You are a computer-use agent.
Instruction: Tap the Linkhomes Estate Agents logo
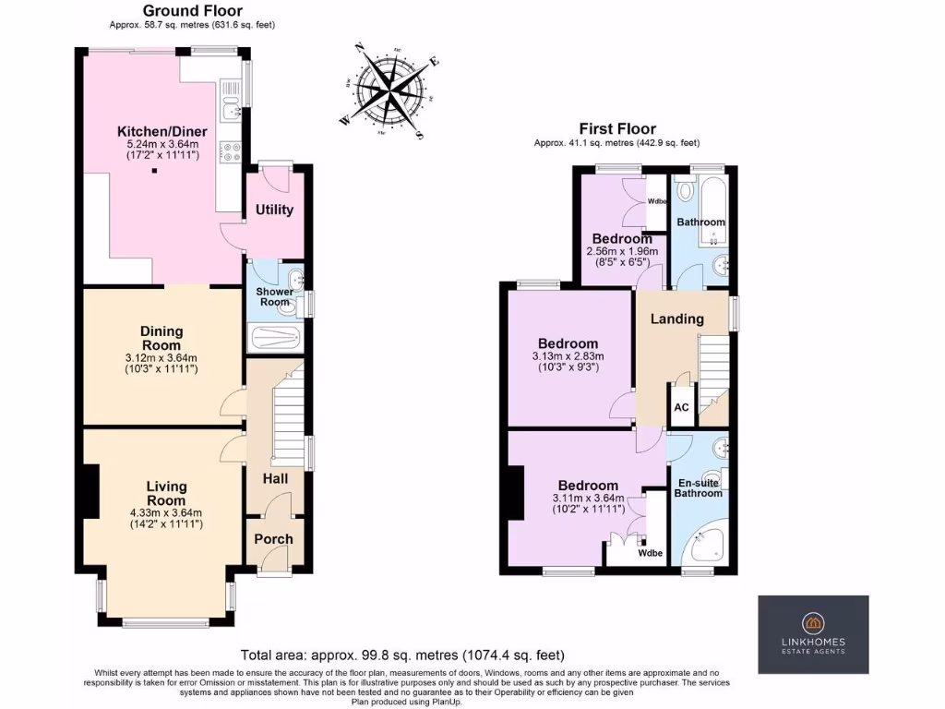tap(813, 633)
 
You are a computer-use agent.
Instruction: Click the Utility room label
tap(274, 210)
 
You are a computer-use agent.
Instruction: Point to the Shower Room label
tap(274, 296)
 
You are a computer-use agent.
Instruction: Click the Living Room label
tap(166, 493)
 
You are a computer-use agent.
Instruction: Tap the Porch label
tap(273, 539)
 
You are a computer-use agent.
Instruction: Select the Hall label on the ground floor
tap(274, 479)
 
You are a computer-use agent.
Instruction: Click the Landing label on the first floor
tap(677, 318)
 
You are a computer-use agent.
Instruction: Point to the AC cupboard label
tap(681, 407)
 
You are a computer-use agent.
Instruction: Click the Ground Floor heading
tap(192, 11)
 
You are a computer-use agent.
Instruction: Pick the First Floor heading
tap(616, 128)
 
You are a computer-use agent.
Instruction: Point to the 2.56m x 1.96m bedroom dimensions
tap(622, 251)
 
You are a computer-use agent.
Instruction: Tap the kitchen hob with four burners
tap(230, 150)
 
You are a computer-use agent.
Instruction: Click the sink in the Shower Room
tap(293, 278)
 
